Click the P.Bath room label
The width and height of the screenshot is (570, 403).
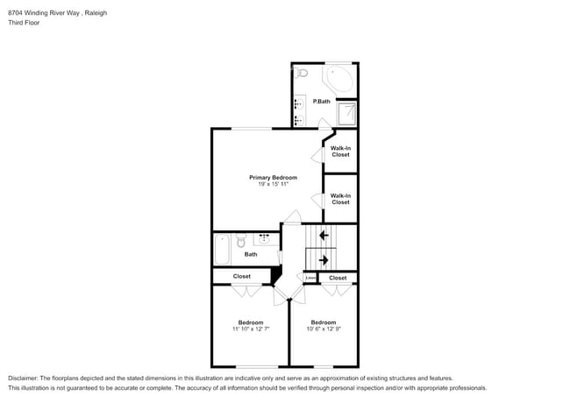tap(322, 102)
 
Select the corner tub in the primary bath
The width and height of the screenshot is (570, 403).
tap(339, 81)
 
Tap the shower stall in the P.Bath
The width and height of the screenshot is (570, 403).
tap(347, 114)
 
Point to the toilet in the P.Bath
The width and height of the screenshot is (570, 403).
tap(301, 74)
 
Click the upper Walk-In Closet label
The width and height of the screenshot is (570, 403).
tap(340, 152)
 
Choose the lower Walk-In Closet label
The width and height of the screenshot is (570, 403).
tap(340, 199)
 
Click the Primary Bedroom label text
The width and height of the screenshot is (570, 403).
tap(267, 177)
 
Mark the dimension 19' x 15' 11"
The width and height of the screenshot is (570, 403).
tap(267, 184)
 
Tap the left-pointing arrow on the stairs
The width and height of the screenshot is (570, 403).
tap(324, 235)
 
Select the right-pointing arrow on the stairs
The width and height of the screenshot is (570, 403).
tap(324, 260)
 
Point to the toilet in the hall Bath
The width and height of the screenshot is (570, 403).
tap(240, 239)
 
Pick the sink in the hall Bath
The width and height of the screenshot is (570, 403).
tap(265, 238)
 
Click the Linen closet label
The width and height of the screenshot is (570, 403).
tap(310, 278)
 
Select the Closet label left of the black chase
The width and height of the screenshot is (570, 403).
tap(241, 277)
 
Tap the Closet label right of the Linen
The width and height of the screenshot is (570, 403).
tap(338, 278)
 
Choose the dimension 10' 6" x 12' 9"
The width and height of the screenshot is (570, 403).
tap(323, 329)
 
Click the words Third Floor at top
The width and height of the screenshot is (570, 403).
tap(24, 23)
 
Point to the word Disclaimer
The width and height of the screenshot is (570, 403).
tap(25, 378)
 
